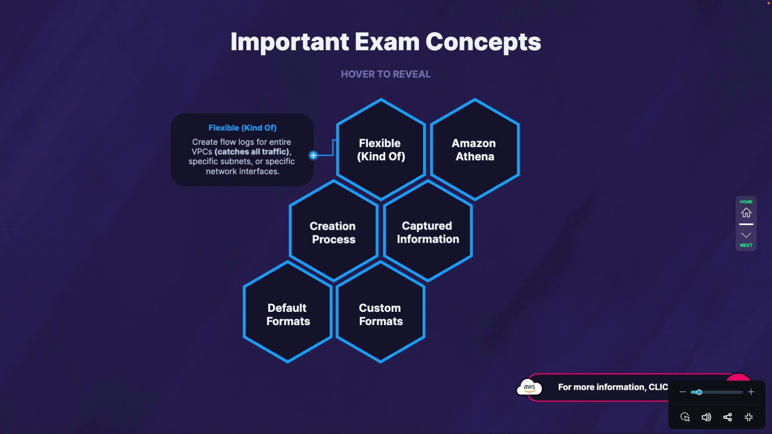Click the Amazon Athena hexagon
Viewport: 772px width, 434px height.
pos(474,149)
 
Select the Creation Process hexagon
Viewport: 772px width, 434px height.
pos(333,232)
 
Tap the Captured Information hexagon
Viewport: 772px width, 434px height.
pos(427,232)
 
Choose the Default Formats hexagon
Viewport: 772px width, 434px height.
pos(288,314)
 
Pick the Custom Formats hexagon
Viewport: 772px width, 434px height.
pos(380,314)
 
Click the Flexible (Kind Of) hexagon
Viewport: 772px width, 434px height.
pos(381,149)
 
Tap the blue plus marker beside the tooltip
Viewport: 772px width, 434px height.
pos(313,156)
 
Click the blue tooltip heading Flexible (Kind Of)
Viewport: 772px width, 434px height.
pos(242,128)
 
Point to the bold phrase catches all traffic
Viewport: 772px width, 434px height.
pos(252,152)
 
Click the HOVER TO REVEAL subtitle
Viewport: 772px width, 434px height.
pos(386,74)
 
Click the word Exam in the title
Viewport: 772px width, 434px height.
pos(387,42)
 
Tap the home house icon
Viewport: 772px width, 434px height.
pos(746,213)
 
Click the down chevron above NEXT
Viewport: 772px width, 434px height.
pos(746,235)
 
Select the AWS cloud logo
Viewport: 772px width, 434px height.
pos(529,387)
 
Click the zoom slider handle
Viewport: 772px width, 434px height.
pos(699,392)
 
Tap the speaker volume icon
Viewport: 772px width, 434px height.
pos(706,417)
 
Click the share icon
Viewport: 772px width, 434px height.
pos(727,417)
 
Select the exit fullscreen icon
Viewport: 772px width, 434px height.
pos(749,417)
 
